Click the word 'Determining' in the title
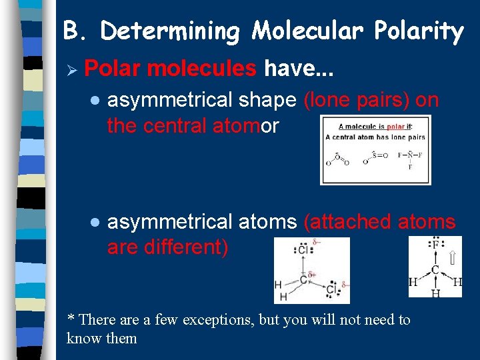(x=172, y=31)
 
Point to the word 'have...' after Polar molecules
(x=299, y=67)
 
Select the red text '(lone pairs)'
(x=357, y=100)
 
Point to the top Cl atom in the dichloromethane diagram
(x=303, y=251)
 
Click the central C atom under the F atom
(x=434, y=270)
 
